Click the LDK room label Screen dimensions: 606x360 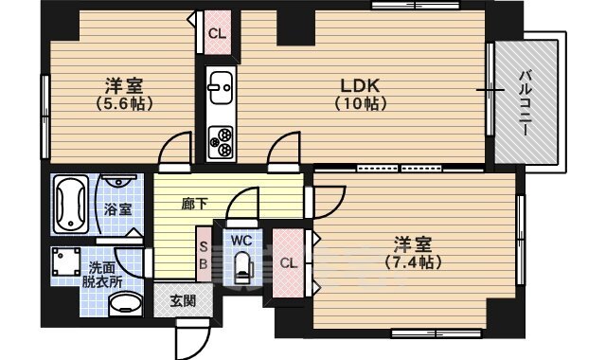(x=360, y=85)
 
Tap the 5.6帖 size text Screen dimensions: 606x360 (x=124, y=103)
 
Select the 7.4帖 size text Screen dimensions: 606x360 (x=413, y=263)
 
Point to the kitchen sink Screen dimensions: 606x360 (x=220, y=87)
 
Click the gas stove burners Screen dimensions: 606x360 (x=221, y=142)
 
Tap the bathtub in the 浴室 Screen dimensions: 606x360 (x=70, y=205)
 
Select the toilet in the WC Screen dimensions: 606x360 (x=243, y=267)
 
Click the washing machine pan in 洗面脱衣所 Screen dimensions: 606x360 (x=65, y=261)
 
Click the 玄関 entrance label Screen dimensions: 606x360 (x=183, y=301)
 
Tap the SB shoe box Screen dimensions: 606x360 (x=204, y=254)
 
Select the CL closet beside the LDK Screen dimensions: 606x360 (x=217, y=32)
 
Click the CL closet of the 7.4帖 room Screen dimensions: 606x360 (x=288, y=263)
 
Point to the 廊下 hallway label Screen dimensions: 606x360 (x=194, y=204)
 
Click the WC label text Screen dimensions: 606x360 (x=241, y=241)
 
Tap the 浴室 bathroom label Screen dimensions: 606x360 (x=117, y=209)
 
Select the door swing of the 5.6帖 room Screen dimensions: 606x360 (x=175, y=149)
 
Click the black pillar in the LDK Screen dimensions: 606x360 (x=296, y=27)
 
